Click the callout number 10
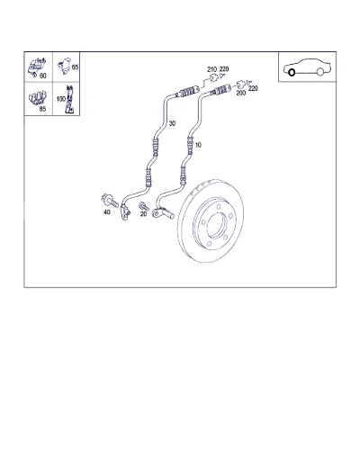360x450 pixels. tap(198, 145)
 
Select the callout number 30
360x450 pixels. tap(172, 123)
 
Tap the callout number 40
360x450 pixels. tap(107, 212)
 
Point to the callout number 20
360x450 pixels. tap(143, 214)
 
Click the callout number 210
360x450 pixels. tap(211, 69)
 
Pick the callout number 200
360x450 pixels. tap(241, 93)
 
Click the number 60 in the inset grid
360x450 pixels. tap(43, 76)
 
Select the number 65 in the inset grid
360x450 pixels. tap(75, 67)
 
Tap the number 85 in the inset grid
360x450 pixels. tap(42, 109)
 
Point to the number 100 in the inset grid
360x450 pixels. tap(61, 99)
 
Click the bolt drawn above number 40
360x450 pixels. tap(110, 200)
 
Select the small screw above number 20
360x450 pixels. tap(144, 206)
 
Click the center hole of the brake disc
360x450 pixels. tap(217, 224)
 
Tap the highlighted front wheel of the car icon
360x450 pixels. tap(292, 72)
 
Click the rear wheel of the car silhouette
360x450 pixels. tap(320, 72)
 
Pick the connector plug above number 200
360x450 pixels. tap(241, 85)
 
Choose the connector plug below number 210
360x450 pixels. tap(213, 77)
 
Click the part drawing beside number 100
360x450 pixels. tap(69, 100)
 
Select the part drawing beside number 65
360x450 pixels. tap(66, 66)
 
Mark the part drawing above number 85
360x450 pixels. tap(38, 98)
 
